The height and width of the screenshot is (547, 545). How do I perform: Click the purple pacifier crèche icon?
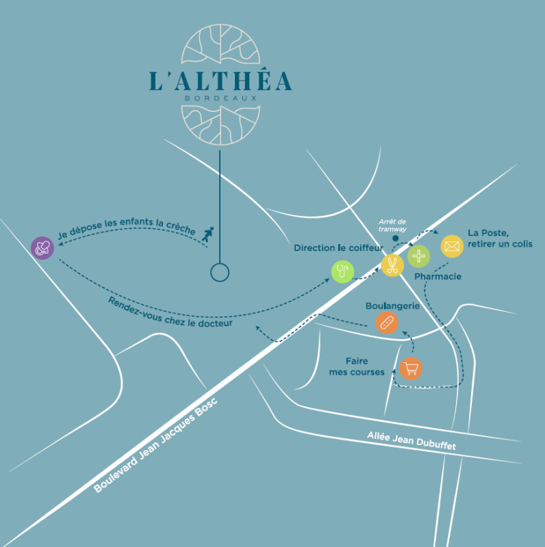tap(42, 248)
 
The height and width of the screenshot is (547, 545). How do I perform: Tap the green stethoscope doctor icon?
tap(342, 271)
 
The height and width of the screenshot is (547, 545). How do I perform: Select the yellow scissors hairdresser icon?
tap(392, 265)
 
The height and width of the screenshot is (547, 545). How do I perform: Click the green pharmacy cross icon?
tap(418, 256)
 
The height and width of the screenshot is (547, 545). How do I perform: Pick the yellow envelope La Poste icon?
tap(452, 246)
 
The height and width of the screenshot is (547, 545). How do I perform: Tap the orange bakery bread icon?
tap(387, 323)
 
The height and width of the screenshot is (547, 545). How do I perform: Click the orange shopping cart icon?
tap(411, 369)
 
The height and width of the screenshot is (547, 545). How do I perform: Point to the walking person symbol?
tap(207, 235)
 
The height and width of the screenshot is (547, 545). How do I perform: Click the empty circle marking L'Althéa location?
tap(219, 273)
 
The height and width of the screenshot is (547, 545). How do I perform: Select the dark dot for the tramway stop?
tap(395, 238)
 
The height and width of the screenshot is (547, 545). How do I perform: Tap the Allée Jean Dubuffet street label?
tap(411, 440)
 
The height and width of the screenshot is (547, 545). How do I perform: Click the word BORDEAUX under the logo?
tap(220, 98)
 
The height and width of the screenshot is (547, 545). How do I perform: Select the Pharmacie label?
tap(438, 277)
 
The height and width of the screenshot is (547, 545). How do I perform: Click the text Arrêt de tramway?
tap(392, 225)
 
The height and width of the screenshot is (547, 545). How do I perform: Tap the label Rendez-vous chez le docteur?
tap(170, 312)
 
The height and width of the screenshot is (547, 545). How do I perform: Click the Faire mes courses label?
tap(365, 366)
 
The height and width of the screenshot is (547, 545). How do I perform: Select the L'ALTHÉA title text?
tap(220, 80)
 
